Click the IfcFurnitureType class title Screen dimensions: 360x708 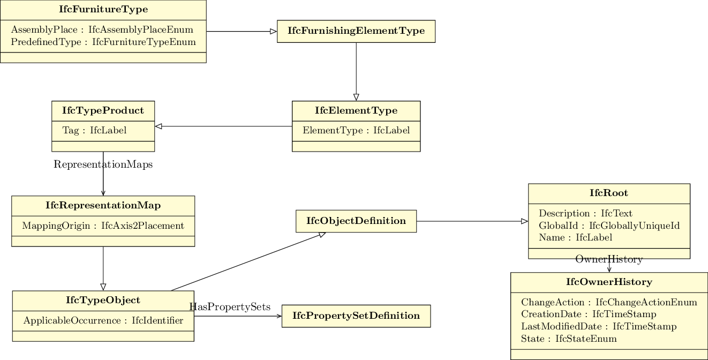pyautogui.click(x=103, y=10)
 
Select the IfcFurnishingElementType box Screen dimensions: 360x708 pyautogui.click(x=356, y=31)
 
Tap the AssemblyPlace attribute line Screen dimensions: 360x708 pyautogui.click(x=102, y=30)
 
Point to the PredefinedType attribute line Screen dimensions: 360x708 pyautogui.click(x=103, y=42)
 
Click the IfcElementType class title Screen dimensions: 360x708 pyautogui.click(x=356, y=111)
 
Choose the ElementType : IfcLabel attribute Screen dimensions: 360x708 pyautogui.click(x=356, y=130)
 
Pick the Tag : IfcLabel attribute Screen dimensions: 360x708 pyautogui.click(x=94, y=130)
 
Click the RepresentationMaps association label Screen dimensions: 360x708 pyautogui.click(x=103, y=164)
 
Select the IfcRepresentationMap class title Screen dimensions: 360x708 pyautogui.click(x=103, y=206)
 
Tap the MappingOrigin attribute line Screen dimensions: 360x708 pyautogui.click(x=103, y=226)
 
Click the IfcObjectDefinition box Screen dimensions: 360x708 pyautogui.click(x=356, y=221)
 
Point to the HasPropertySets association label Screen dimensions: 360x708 pyautogui.click(x=230, y=307)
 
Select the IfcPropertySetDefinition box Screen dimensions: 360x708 pyautogui.click(x=356, y=316)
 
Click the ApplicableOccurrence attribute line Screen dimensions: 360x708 pyautogui.click(x=103, y=321)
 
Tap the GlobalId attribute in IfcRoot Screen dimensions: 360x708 pyautogui.click(x=609, y=226)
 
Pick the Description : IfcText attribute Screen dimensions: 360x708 pyautogui.click(x=585, y=213)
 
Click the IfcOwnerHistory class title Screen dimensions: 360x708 pyautogui.click(x=609, y=282)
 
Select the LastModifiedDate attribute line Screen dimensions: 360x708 pyautogui.click(x=599, y=326)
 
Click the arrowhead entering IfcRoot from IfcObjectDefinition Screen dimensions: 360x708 pyautogui.click(x=525, y=221)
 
